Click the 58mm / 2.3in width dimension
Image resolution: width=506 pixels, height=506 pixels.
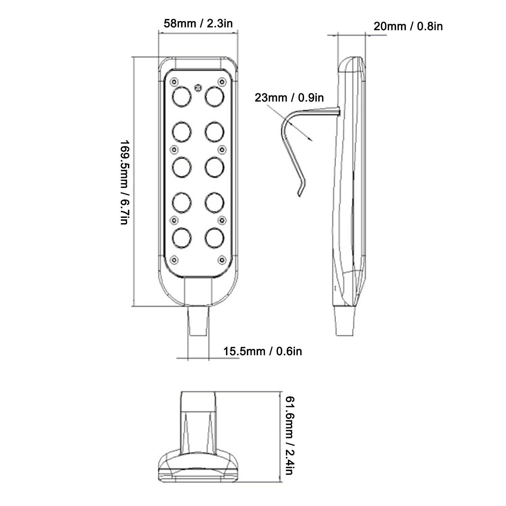198,23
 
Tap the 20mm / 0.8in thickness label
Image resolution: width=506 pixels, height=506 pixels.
408,26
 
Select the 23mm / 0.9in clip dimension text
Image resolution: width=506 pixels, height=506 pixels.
289,98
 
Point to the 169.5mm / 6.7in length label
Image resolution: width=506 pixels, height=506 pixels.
124,182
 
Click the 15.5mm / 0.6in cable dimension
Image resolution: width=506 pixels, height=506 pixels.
263,351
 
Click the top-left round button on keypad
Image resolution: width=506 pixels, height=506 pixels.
182,97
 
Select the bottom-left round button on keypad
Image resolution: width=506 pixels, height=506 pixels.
182,237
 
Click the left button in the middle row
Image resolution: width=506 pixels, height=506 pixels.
182,167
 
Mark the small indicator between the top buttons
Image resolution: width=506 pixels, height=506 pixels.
198,88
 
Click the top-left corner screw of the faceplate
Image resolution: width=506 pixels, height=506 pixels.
174,82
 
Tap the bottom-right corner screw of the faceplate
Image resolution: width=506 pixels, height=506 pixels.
222,260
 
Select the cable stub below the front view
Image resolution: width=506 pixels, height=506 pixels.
198,321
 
